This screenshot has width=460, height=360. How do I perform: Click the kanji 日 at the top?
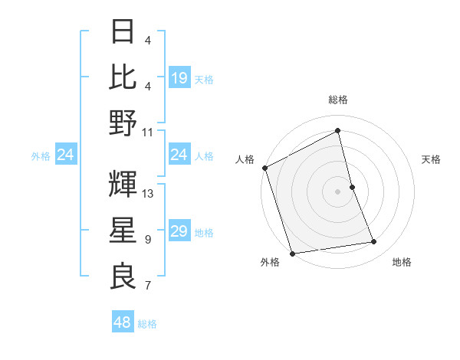click(123, 32)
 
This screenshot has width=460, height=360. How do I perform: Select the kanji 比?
click(123, 77)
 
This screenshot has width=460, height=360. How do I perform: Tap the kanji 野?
click(123, 123)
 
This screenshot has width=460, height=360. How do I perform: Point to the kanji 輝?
click(123, 183)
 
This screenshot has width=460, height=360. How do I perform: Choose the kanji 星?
click(123, 230)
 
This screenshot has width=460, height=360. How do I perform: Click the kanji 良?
click(123, 277)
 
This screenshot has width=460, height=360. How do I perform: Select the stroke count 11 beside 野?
click(148, 132)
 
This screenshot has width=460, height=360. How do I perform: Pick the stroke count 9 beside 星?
click(148, 240)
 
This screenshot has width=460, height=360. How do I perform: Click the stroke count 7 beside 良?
click(148, 286)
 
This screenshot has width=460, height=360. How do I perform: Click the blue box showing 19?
click(179, 77)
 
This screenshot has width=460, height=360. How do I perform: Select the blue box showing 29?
click(179, 231)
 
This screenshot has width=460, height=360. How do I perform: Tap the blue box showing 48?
click(123, 322)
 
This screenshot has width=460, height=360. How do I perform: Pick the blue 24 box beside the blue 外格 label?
click(65, 155)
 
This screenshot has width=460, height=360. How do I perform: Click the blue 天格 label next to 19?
click(203, 78)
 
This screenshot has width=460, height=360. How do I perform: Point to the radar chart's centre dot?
click(337, 191)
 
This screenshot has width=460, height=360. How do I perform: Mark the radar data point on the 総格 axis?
click(337, 130)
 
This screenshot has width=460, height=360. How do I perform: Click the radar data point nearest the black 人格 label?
click(265, 168)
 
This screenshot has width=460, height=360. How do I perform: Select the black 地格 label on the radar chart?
click(402, 262)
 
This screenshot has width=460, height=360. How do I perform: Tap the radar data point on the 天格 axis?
click(353, 186)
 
